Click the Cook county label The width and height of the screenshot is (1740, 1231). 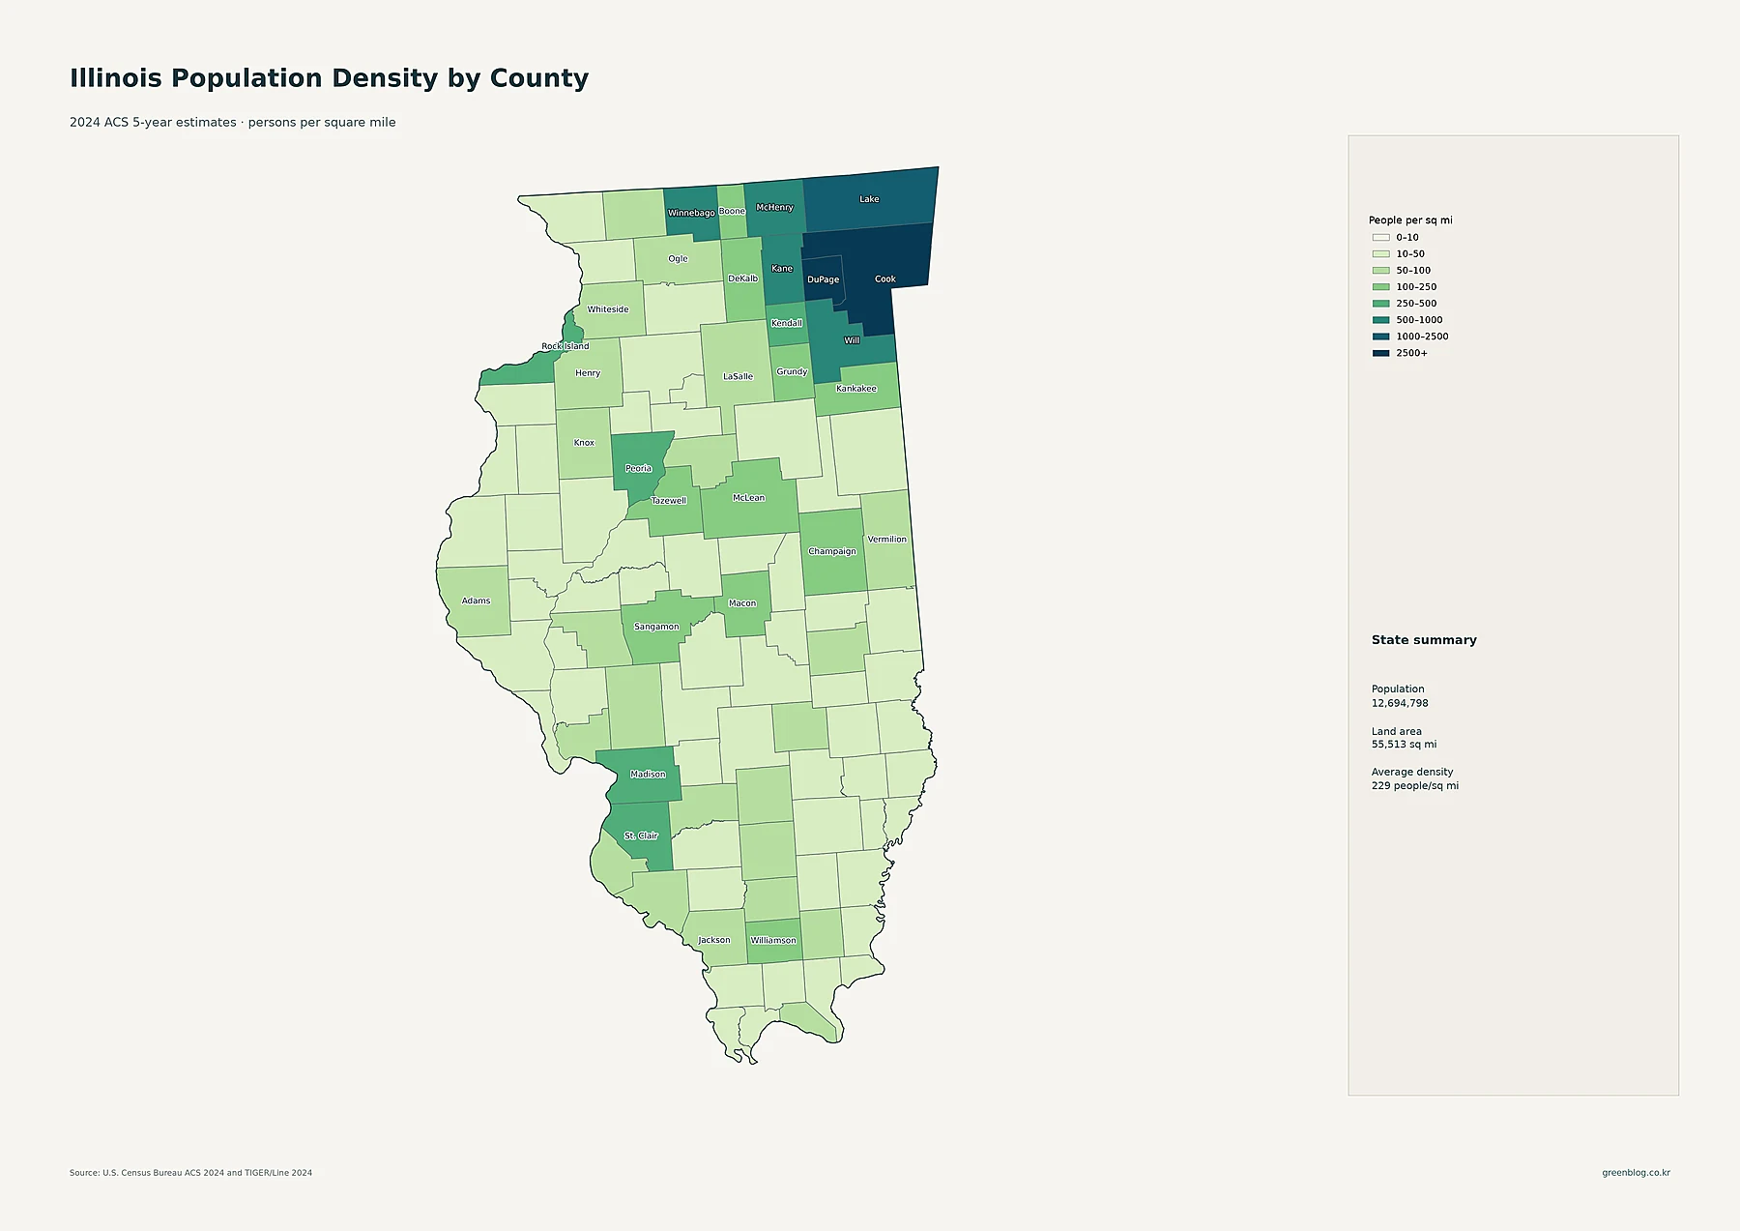pyautogui.click(x=885, y=279)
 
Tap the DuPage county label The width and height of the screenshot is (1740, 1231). pyautogui.click(x=824, y=279)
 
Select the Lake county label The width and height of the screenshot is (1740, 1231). pyautogui.click(x=870, y=199)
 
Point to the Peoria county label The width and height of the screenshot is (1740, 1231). pyautogui.click(x=639, y=469)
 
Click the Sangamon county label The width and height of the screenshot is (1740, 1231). pyautogui.click(x=656, y=627)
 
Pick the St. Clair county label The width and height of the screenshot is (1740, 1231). pyautogui.click(x=641, y=835)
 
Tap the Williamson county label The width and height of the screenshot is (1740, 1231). pyautogui.click(x=773, y=940)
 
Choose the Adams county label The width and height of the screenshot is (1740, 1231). pyautogui.click(x=476, y=601)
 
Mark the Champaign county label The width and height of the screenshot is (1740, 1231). pyautogui.click(x=832, y=551)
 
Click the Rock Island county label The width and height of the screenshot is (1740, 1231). pyautogui.click(x=565, y=346)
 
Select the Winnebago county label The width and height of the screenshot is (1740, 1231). pyautogui.click(x=691, y=213)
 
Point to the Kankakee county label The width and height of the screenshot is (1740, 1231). pyautogui.click(x=856, y=389)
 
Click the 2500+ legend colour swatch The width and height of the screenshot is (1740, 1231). pyautogui.click(x=1380, y=353)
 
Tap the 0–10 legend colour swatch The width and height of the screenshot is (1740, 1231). pyautogui.click(x=1380, y=237)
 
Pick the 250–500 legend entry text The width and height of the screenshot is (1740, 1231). pyautogui.click(x=1416, y=304)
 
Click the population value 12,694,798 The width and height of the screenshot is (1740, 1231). pyautogui.click(x=1400, y=703)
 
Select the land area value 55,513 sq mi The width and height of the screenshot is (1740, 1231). pyautogui.click(x=1404, y=745)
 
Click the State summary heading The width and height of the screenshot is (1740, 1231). pyautogui.click(x=1424, y=640)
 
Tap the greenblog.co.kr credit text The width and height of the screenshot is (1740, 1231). pyautogui.click(x=1636, y=1173)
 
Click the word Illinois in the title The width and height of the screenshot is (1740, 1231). pyautogui.click(x=116, y=78)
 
